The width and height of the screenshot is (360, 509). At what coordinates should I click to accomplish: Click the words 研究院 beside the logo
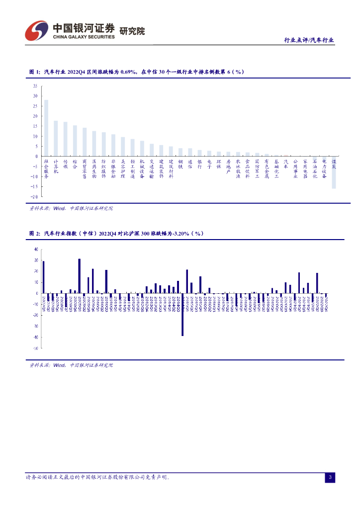pyautogui.click(x=132, y=31)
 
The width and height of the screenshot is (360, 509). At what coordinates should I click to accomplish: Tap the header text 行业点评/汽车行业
pyautogui.click(x=308, y=40)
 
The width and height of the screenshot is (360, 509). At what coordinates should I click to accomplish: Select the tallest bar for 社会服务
pyautogui.click(x=46, y=128)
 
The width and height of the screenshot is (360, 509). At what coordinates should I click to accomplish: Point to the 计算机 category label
pyautogui.click(x=56, y=167)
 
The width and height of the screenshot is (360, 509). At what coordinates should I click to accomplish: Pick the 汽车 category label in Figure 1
pyautogui.click(x=286, y=164)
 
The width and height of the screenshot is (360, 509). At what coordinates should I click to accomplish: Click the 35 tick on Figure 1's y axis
pyautogui.click(x=35, y=85)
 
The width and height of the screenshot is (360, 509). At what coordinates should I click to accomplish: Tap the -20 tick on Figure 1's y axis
pyautogui.click(x=34, y=197)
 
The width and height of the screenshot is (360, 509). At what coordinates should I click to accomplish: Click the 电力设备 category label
pyautogui.click(x=324, y=169)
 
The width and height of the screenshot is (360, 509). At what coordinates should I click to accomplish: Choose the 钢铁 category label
pyautogui.click(x=180, y=164)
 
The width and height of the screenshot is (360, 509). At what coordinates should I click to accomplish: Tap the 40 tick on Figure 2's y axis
pyautogui.click(x=36, y=249)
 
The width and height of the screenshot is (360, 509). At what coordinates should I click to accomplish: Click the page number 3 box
pyautogui.click(x=330, y=478)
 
